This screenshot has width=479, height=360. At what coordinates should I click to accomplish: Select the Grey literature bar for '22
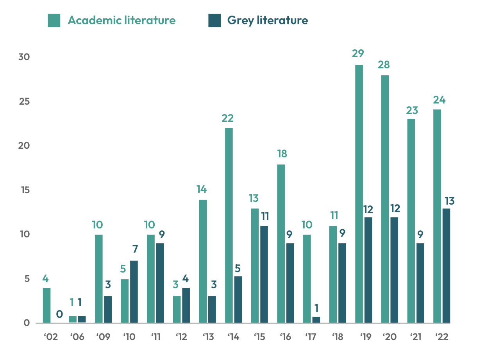coord(446,266)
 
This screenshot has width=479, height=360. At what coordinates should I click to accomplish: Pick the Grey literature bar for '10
coord(134,292)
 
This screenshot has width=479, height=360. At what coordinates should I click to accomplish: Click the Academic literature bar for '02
coord(46,305)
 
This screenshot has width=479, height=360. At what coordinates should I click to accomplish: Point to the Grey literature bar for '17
coord(316,320)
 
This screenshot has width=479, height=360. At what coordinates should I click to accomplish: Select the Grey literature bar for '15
coord(264,274)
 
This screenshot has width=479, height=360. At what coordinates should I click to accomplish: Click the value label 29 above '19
coord(358,54)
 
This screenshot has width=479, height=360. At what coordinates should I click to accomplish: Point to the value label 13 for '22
coord(449,201)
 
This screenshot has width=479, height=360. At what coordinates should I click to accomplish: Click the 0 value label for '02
coord(59,314)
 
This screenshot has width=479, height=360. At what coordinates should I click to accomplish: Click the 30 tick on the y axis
coord(24,57)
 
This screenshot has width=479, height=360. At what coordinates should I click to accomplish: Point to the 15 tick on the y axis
coord(24,190)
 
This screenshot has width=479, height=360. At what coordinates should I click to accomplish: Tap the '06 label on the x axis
coord(77,337)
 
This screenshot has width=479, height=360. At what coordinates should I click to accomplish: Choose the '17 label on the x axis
coord(311,337)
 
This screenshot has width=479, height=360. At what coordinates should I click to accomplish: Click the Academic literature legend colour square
coord(54,20)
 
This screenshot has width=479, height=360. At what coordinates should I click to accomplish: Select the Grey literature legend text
coord(268,20)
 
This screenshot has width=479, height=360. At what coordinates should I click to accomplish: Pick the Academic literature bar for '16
coord(281,244)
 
